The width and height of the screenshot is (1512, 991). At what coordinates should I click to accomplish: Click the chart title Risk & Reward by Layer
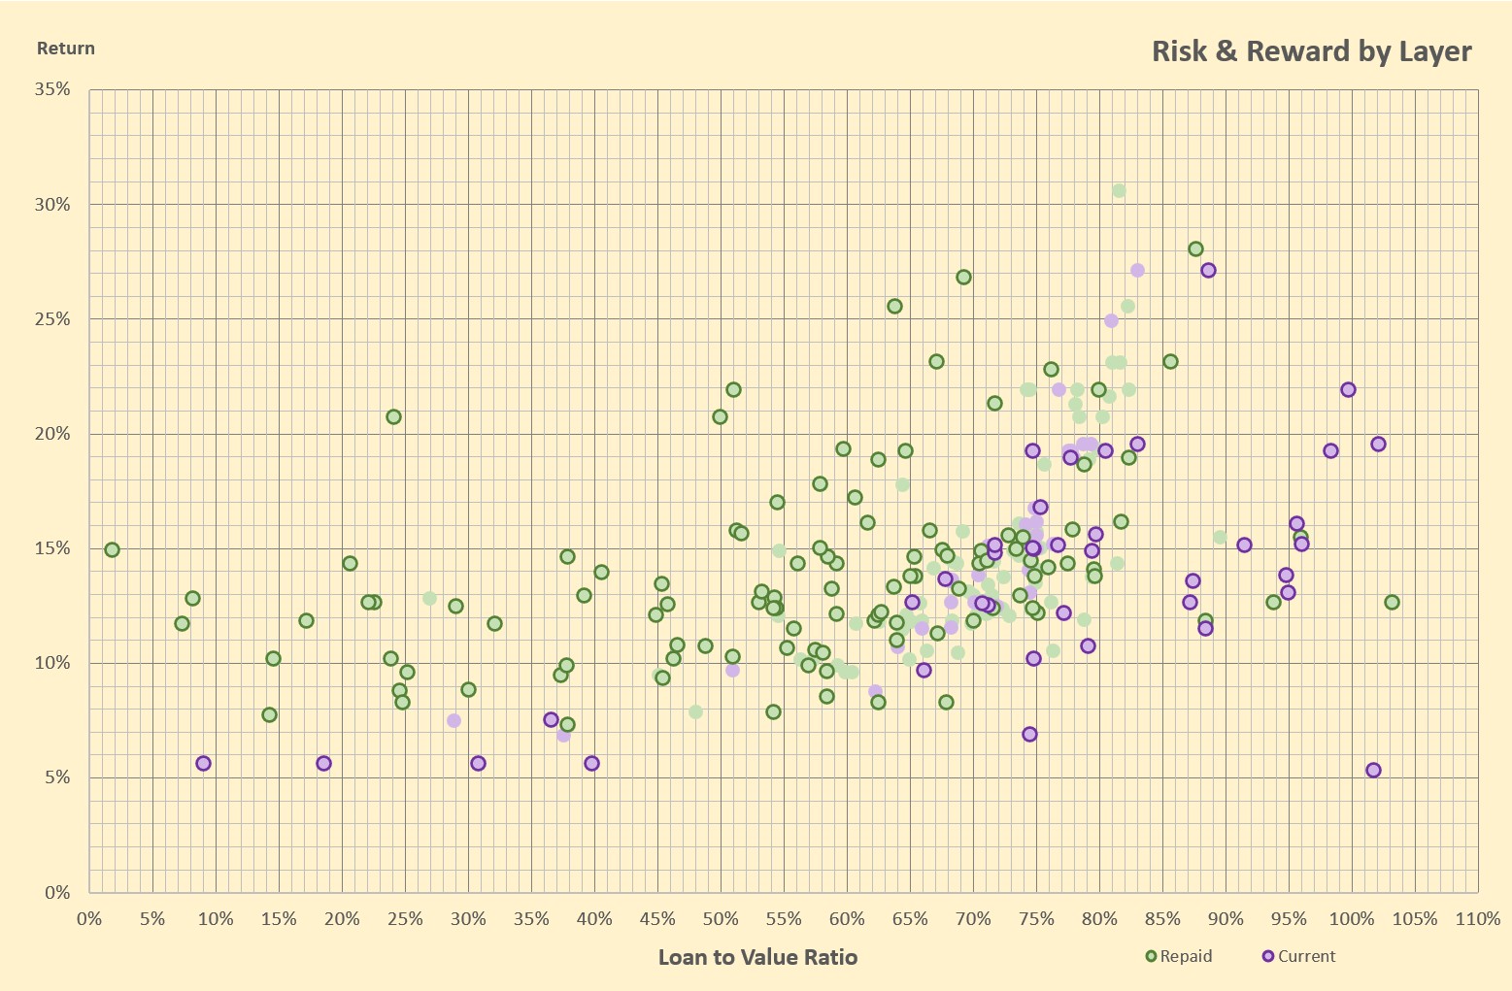(1312, 52)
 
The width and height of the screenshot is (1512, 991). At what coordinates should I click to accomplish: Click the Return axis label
(65, 49)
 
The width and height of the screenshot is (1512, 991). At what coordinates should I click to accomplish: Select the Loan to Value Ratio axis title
(757, 957)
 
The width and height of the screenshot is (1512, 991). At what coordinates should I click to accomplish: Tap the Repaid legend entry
(1179, 956)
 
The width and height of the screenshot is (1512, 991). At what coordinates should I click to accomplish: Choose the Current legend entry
(1298, 956)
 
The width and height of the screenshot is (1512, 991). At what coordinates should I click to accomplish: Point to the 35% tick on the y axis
(52, 89)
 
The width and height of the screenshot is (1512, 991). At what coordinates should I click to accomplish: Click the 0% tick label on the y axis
(57, 893)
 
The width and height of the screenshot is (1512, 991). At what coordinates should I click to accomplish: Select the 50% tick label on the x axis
(721, 919)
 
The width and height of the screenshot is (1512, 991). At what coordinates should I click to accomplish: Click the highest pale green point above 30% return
(1119, 191)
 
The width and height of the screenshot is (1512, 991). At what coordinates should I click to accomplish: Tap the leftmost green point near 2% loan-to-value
(112, 549)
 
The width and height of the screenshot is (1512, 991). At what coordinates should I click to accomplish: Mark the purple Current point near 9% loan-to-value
(203, 764)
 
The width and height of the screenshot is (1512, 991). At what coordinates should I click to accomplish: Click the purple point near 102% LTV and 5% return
(1373, 771)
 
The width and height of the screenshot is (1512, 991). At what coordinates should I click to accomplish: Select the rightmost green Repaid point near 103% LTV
(1392, 603)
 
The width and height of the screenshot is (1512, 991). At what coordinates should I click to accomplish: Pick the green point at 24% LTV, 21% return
(393, 417)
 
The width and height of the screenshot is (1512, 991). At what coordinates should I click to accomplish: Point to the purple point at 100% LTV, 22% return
(1348, 390)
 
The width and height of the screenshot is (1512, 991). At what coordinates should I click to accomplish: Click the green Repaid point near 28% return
(1195, 248)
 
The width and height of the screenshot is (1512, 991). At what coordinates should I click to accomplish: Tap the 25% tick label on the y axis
(52, 319)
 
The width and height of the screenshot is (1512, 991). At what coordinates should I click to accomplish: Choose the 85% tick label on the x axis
(1162, 919)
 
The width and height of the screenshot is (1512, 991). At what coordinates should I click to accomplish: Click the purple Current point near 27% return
(1208, 271)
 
